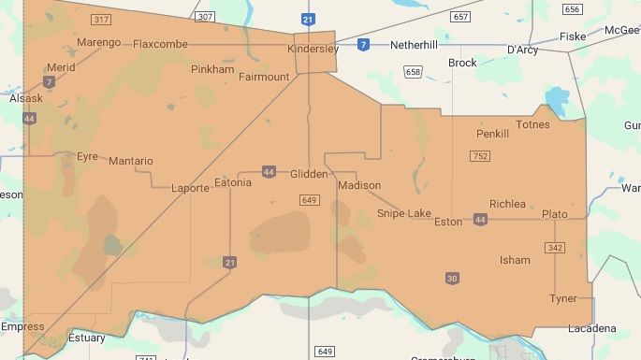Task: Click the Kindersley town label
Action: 313,49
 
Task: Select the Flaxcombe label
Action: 160,44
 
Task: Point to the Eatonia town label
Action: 233,182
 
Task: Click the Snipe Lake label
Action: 403,214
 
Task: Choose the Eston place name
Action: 448,223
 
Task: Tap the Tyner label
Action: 563,298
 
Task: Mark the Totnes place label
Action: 532,124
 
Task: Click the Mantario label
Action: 130,161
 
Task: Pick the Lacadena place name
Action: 591,328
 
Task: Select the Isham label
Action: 515,260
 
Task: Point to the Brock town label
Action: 462,64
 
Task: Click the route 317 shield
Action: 100,19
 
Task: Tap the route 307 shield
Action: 206,17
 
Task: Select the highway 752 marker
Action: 481,156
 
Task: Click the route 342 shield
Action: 555,247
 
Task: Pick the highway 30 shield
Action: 453,278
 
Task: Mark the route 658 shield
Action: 413,72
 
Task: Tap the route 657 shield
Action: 459,17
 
